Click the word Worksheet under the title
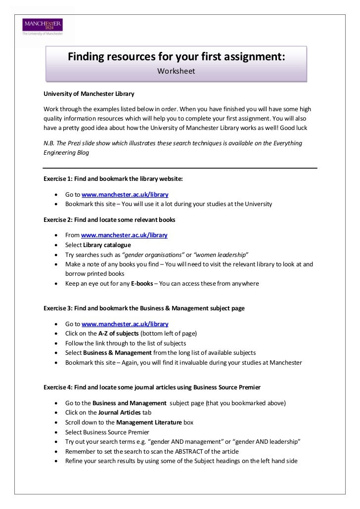coord(176,71)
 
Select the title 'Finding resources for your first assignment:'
coord(176,57)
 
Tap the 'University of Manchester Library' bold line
coord(89,93)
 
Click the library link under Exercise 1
coord(125,195)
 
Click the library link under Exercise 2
coord(124,235)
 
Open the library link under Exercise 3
coord(125,324)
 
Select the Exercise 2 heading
coord(109,219)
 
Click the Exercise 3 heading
coord(144,308)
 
